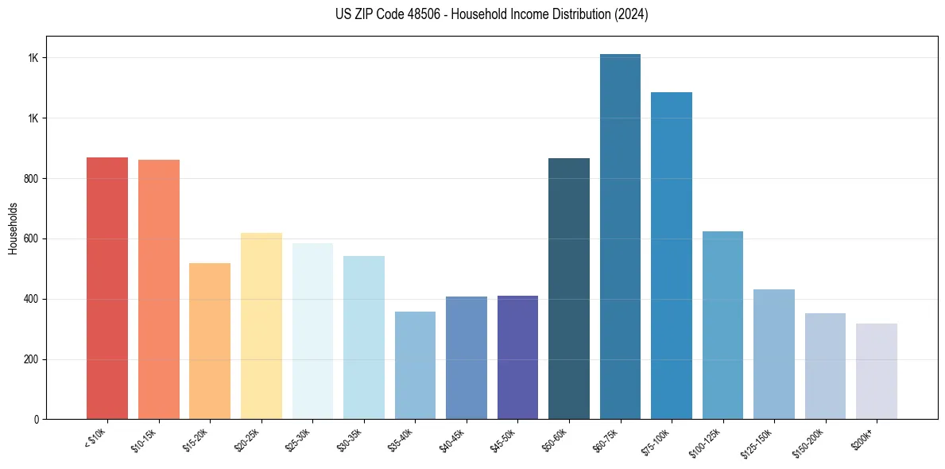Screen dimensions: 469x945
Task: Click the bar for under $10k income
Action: pos(107,288)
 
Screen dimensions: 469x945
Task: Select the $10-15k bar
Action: pos(158,289)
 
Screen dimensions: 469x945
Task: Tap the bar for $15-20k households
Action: pos(210,341)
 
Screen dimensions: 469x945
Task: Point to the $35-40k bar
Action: pos(415,365)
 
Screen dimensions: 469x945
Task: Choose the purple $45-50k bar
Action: pos(517,357)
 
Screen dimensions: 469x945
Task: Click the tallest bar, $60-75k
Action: pos(620,236)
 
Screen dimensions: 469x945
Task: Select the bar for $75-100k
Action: pos(672,255)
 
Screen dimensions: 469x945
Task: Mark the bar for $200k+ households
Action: pos(877,371)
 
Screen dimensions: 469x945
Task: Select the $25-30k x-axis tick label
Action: pos(297,439)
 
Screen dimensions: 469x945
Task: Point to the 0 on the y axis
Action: pos(37,420)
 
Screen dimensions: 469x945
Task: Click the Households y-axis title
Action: pos(13,228)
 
